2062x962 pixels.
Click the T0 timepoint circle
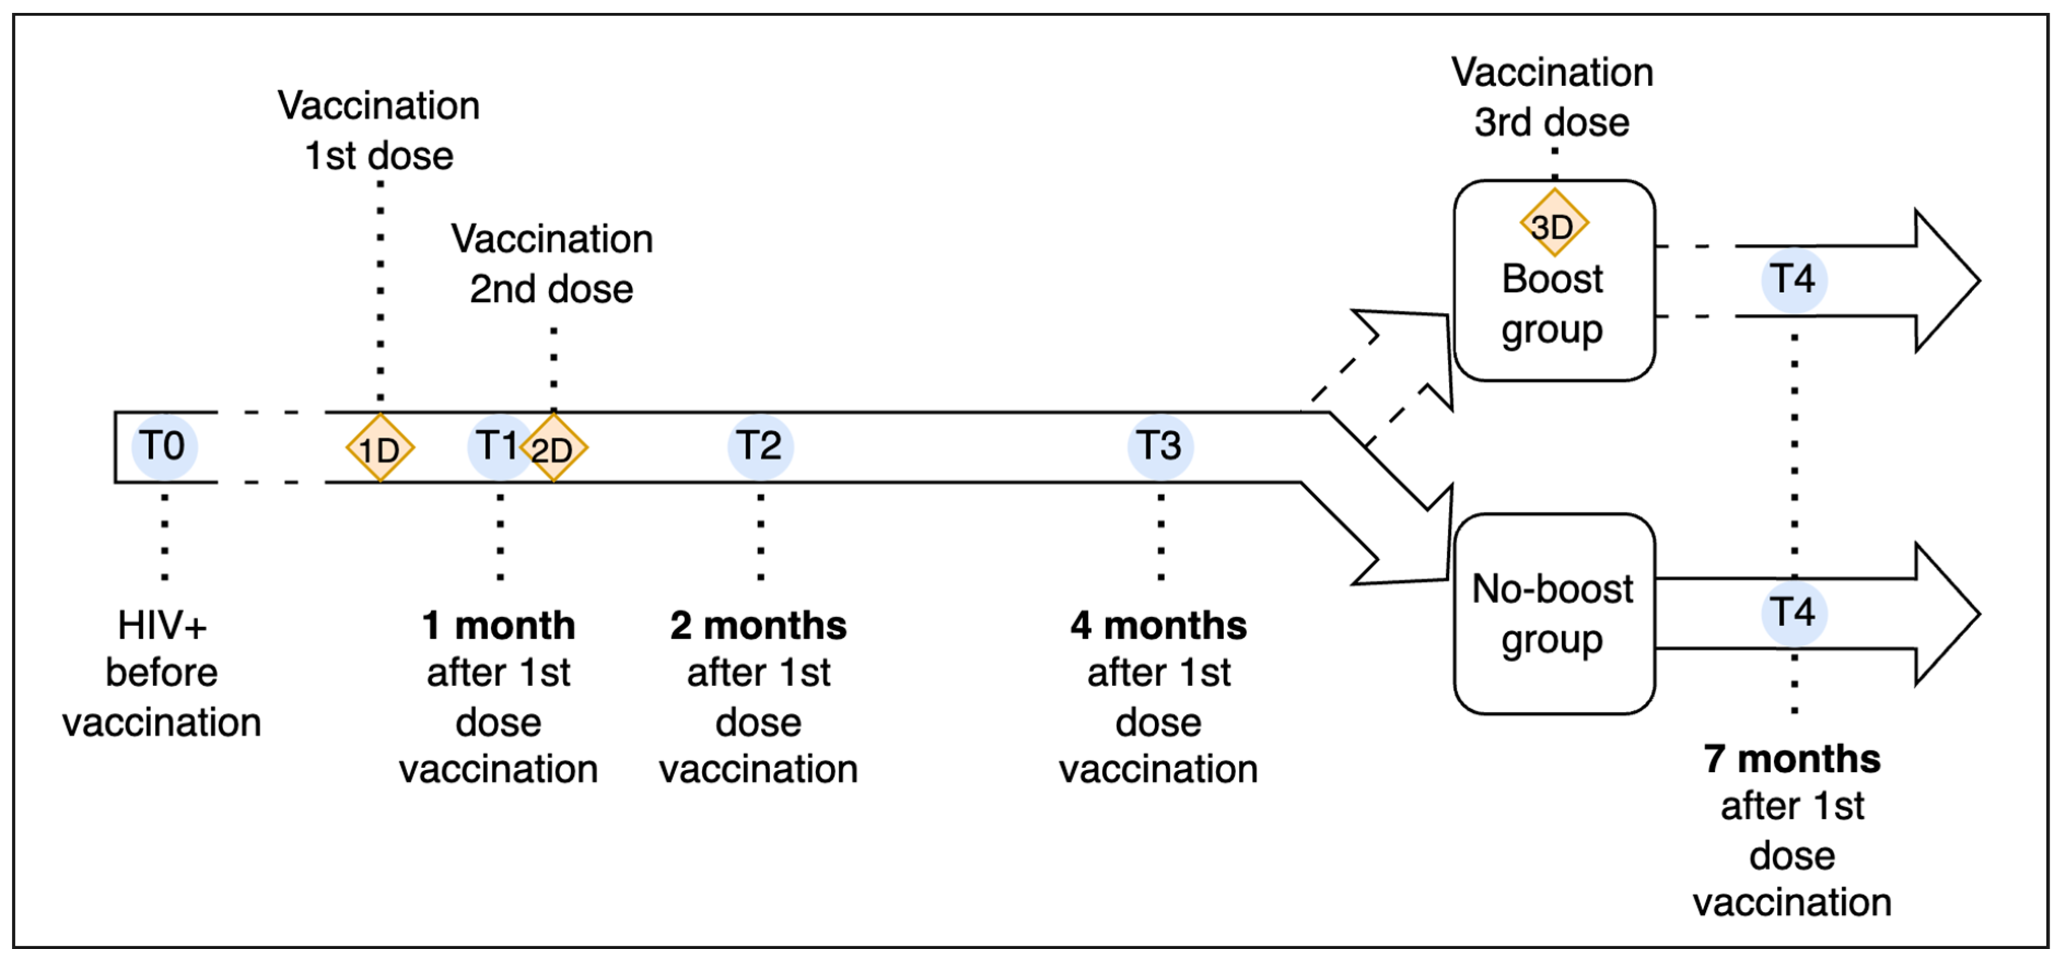pyautogui.click(x=163, y=446)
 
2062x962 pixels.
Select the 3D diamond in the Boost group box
pyautogui.click(x=1553, y=224)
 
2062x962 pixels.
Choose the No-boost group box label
pyautogui.click(x=1552, y=614)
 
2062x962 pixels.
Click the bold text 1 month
pyautogui.click(x=499, y=626)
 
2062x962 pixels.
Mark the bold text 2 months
pyautogui.click(x=758, y=626)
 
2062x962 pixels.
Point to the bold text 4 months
pyautogui.click(x=1158, y=626)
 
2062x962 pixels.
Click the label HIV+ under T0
pyautogui.click(x=162, y=626)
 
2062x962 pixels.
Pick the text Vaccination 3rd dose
pyautogui.click(x=1552, y=97)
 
